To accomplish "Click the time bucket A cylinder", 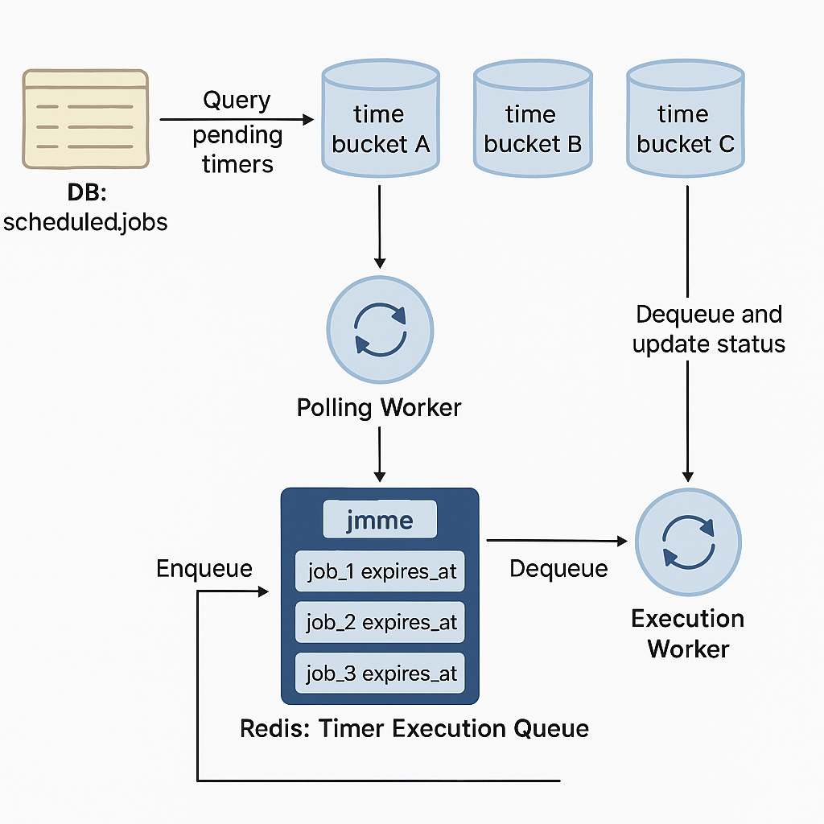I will pyautogui.click(x=380, y=121).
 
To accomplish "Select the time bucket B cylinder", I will pyautogui.click(x=533, y=121).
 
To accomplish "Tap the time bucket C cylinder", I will pyautogui.click(x=686, y=121).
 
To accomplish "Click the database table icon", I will pyautogui.click(x=85, y=118).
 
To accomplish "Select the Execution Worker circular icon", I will pyautogui.click(x=688, y=542).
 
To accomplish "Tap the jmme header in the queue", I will pyautogui.click(x=380, y=521).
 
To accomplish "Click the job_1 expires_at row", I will pyautogui.click(x=381, y=571).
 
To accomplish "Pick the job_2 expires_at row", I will pyautogui.click(x=381, y=622).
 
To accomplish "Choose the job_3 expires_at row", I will pyautogui.click(x=381, y=674).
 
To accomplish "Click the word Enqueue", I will pyautogui.click(x=204, y=569).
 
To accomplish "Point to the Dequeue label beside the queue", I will pyautogui.click(x=558, y=569).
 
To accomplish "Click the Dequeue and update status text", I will pyautogui.click(x=708, y=328).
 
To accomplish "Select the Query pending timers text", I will pyautogui.click(x=237, y=132).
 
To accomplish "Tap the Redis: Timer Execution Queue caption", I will pyautogui.click(x=414, y=729).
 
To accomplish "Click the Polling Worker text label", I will pyautogui.click(x=379, y=407).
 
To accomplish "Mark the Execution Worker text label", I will pyautogui.click(x=688, y=633).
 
